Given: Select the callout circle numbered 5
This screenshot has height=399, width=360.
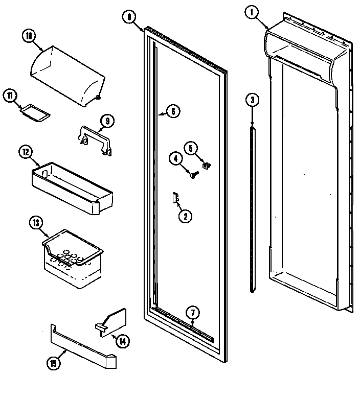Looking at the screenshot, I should click(x=190, y=149).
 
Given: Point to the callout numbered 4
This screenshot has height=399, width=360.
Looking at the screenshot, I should click(x=175, y=159).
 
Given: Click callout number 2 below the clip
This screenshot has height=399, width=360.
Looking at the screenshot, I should click(x=184, y=216).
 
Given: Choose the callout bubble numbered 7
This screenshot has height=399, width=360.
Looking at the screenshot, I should click(x=192, y=313).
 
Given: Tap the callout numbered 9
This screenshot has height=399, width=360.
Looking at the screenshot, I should click(x=107, y=121).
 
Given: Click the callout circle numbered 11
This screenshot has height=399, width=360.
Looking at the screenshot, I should click(x=10, y=95).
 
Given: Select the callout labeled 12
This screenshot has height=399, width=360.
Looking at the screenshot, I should click(x=25, y=151).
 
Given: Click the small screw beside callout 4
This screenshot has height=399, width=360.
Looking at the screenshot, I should click(x=194, y=175).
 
